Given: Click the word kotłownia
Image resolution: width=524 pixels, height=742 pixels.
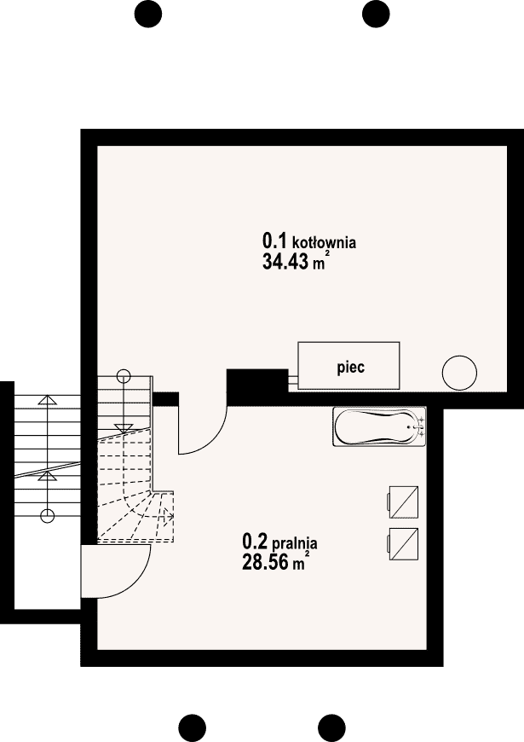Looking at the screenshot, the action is (x=325, y=243).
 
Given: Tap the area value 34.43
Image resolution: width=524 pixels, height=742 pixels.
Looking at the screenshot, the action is (x=285, y=261).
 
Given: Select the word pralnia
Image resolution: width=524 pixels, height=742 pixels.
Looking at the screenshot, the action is (x=294, y=543).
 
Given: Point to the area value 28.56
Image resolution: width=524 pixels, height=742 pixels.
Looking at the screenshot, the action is (x=265, y=562).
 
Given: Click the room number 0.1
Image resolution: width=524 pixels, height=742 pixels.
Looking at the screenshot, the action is (x=274, y=241).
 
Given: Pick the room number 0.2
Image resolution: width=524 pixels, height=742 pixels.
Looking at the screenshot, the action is (x=255, y=541).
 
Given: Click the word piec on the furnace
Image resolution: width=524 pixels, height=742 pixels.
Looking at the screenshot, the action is (x=350, y=368).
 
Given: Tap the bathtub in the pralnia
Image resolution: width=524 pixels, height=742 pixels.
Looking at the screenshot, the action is (x=380, y=426).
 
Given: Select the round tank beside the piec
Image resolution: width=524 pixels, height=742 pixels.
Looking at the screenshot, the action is (x=459, y=373).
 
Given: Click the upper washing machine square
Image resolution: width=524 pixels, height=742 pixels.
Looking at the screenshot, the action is (x=403, y=502).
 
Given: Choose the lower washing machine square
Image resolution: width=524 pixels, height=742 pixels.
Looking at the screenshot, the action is (x=403, y=544).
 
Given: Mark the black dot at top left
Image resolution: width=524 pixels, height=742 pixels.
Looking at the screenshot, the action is (x=148, y=14).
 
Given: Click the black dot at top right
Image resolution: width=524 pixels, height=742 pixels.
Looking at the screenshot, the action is (x=376, y=14).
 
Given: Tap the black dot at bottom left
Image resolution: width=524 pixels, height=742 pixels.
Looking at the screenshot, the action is (x=193, y=728).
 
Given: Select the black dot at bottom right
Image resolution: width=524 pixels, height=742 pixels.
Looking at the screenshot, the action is (x=331, y=728).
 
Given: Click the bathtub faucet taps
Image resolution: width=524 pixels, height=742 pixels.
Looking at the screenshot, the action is (x=420, y=426).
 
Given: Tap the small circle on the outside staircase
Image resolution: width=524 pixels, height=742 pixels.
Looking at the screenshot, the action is (x=47, y=515).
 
